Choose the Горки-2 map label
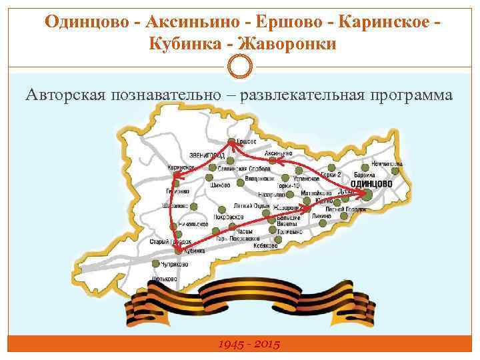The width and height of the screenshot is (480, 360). [331, 174]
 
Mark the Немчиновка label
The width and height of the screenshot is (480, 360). [387, 162]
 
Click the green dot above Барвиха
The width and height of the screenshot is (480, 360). [365, 167]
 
